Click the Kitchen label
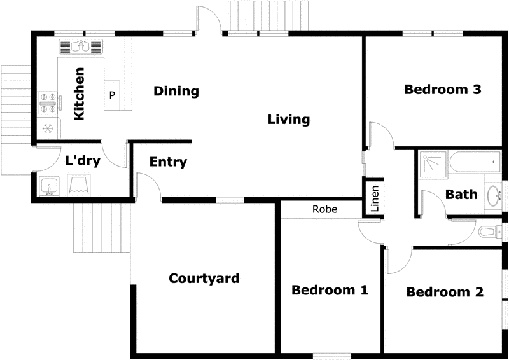point(80,94)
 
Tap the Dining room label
point(176,92)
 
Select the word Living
point(288,120)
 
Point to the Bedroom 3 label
point(442,90)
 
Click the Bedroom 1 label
point(330,291)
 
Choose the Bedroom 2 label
point(445,293)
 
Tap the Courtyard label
point(204,279)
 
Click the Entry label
point(168,162)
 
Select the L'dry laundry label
point(83,161)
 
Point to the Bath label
point(461,195)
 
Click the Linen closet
point(375,199)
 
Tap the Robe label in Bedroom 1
point(324,209)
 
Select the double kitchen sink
point(81,46)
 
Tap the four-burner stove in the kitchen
point(48,103)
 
